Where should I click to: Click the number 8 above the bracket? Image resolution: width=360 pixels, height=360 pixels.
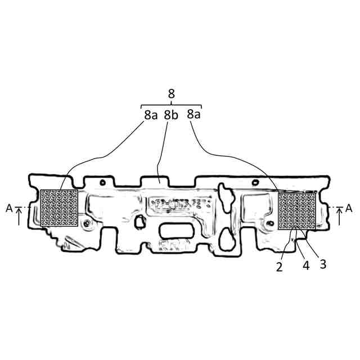pos(171,94)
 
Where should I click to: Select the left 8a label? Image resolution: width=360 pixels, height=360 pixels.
pos(150,115)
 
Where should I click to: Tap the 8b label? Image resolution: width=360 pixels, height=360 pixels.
pos(171,115)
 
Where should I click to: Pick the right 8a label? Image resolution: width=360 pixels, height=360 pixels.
pos(193,114)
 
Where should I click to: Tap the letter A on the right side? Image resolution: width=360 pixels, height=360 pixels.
pos(349,208)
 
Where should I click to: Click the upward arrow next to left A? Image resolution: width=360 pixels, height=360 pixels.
pos(20,216)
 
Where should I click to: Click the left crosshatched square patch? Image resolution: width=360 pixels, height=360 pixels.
pos(59,207)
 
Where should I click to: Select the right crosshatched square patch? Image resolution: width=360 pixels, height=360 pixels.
pos(298,210)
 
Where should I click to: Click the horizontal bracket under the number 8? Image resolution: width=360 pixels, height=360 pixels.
pos(171,105)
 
